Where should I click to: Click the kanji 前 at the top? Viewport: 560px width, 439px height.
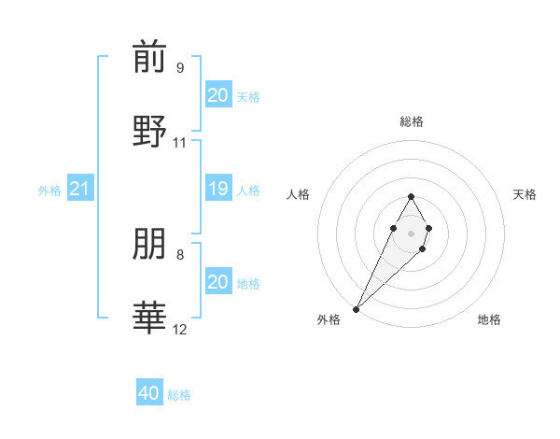click(149, 58)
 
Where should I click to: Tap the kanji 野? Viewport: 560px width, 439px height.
click(149, 131)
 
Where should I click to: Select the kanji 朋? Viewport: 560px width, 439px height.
click(149, 245)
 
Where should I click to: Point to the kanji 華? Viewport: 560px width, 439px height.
click(149, 318)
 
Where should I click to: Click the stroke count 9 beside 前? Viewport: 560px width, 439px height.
click(180, 68)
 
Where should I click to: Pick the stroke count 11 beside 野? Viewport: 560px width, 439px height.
click(180, 143)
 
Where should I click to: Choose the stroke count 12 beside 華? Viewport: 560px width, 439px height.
click(180, 330)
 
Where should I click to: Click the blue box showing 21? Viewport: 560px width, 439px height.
click(80, 190)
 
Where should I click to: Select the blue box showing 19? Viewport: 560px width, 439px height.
click(217, 190)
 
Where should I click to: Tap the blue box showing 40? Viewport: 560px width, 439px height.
click(149, 393)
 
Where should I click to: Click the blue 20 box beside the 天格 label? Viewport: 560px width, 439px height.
click(217, 95)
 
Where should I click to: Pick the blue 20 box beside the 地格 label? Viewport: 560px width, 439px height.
click(217, 282)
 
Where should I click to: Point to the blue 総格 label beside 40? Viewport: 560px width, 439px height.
click(179, 395)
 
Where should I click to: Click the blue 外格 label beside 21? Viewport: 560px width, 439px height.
click(49, 191)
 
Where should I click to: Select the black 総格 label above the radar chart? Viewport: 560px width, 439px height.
click(412, 121)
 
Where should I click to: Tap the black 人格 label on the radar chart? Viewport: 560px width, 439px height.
click(299, 194)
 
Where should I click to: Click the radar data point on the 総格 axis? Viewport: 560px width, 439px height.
click(411, 196)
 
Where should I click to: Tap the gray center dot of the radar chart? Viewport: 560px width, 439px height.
click(411, 233)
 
